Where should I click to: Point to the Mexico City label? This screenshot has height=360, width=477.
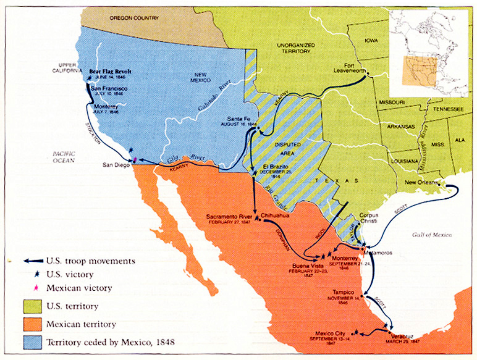click(332, 333)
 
